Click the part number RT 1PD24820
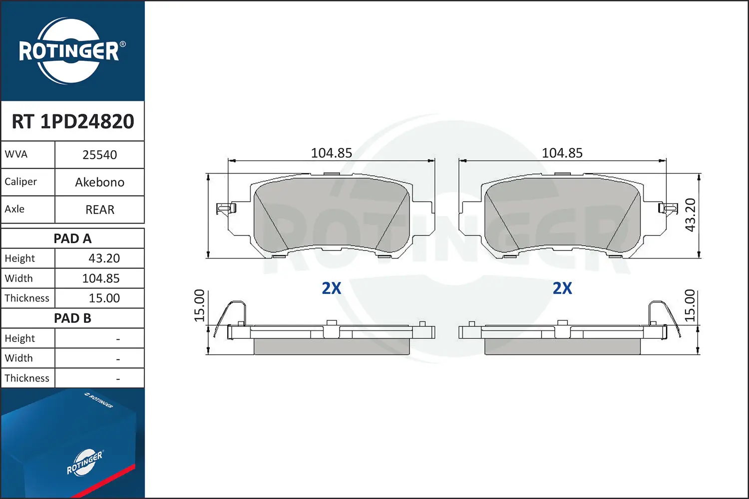pyautogui.click(x=73, y=121)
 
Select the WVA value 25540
pyautogui.click(x=100, y=155)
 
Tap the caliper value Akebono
pyautogui.click(x=100, y=182)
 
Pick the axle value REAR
pyautogui.click(x=100, y=210)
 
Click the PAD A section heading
pyautogui.click(x=72, y=239)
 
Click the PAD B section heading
pyautogui.click(x=72, y=318)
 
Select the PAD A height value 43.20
pyautogui.click(x=104, y=258)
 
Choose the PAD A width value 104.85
pyautogui.click(x=101, y=278)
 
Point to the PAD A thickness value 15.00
pyautogui.click(x=104, y=298)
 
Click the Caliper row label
pyautogui.click(x=20, y=182)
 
